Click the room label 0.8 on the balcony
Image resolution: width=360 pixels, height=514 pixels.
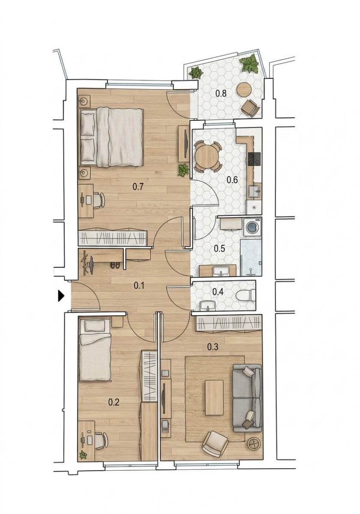(x=221, y=93)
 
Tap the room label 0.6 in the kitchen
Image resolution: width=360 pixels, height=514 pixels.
(x=232, y=180)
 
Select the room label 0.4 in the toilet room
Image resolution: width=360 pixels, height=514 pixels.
(x=218, y=292)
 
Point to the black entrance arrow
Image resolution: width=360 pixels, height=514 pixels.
(x=60, y=296)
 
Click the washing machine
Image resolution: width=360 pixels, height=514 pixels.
(x=252, y=227)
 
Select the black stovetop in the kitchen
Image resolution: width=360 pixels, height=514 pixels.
(x=255, y=159)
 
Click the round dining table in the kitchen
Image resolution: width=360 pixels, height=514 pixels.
(x=207, y=156)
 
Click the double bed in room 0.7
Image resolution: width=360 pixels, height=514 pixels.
(x=111, y=137)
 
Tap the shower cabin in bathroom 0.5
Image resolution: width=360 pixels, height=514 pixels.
(x=251, y=257)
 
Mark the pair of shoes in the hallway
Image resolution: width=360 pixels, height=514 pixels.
(x=115, y=265)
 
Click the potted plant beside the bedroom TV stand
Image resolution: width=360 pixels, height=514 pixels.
(x=183, y=170)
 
